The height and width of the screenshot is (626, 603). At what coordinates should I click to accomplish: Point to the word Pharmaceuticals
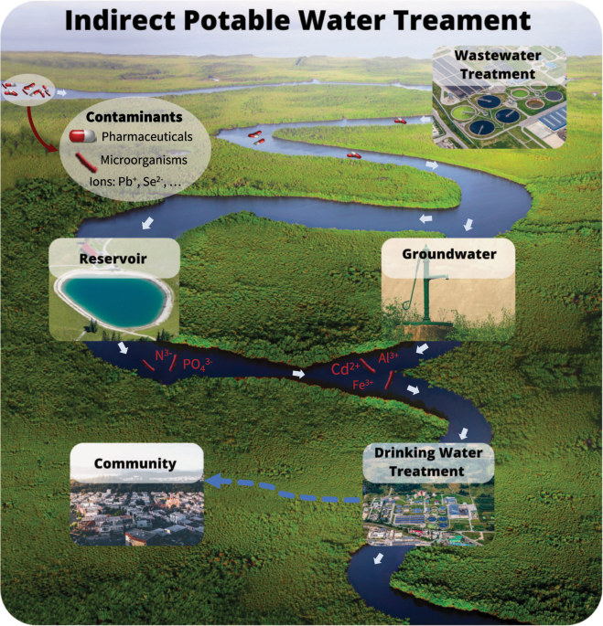point(146,136)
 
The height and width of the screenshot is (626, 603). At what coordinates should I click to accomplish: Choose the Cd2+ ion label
point(344,369)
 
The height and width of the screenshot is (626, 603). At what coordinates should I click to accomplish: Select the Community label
point(135,463)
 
